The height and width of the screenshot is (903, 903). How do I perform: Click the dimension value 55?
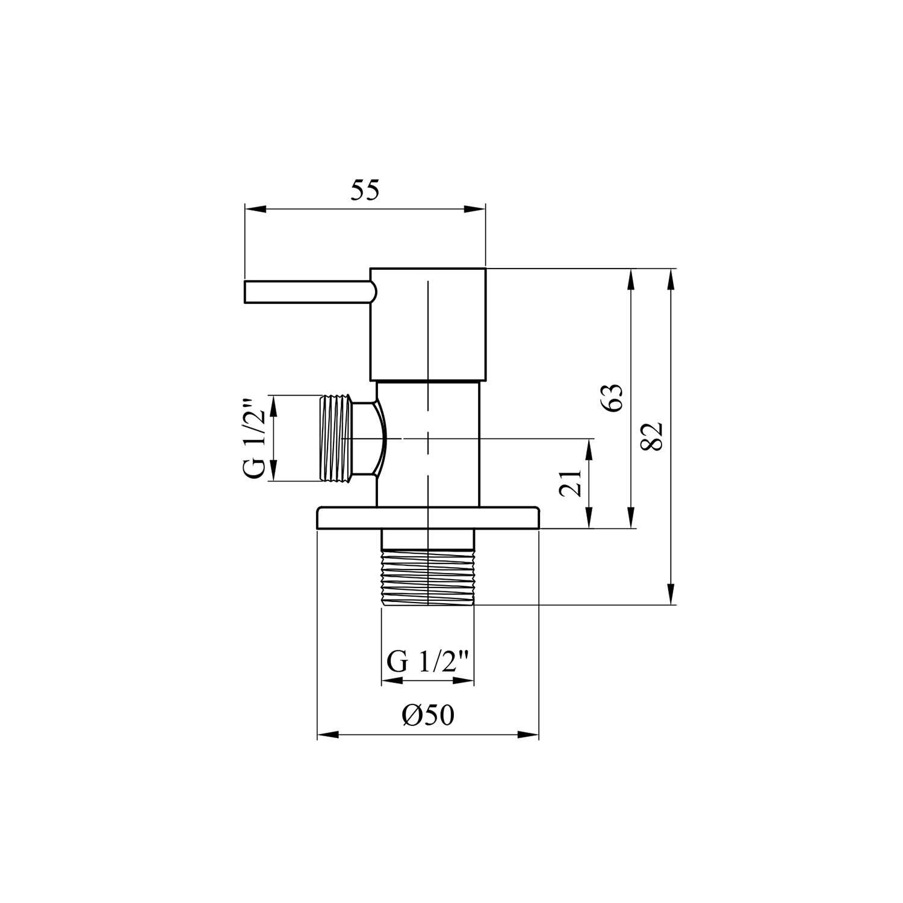point(365,190)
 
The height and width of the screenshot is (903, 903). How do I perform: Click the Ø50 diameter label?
point(428,715)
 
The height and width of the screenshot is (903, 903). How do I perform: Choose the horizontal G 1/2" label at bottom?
point(428,663)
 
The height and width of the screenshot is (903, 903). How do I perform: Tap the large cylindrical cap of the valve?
point(427,324)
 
